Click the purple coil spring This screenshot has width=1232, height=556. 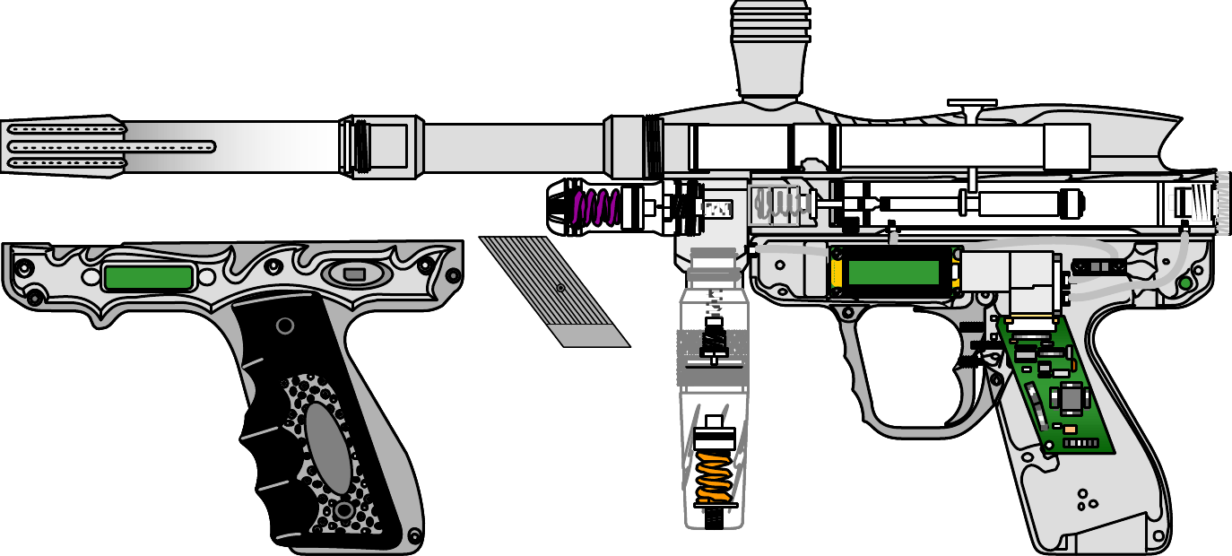tap(596, 208)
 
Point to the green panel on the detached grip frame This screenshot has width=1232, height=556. tap(148, 277)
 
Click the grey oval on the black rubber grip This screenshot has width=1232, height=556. tap(328, 447)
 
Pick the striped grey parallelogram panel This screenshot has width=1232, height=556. tap(556, 291)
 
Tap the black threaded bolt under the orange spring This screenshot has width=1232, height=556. tap(715, 518)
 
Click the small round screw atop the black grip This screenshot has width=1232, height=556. tap(286, 326)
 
